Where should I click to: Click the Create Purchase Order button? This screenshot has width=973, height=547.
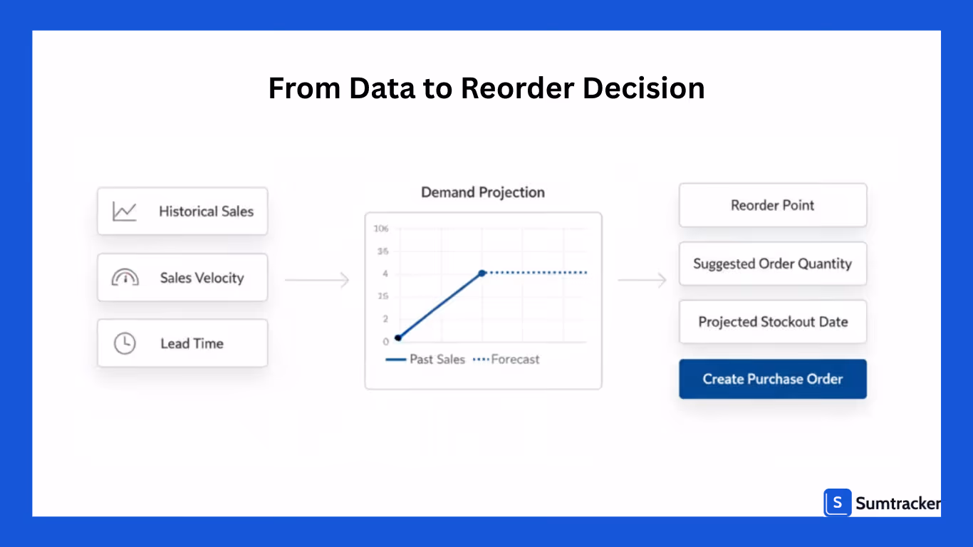click(773, 379)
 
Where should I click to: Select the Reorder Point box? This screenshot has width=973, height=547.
click(773, 205)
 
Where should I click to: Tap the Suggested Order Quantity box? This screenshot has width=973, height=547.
click(773, 264)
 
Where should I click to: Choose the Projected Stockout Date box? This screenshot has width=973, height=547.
click(773, 322)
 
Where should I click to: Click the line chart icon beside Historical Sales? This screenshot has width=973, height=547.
click(125, 212)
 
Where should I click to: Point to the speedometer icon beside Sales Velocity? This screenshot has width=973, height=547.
click(125, 278)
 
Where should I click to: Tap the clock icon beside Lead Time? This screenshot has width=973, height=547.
click(125, 343)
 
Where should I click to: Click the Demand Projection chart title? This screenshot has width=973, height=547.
click(483, 192)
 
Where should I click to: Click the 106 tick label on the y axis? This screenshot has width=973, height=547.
click(381, 229)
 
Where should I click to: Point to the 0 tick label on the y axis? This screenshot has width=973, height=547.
click(385, 342)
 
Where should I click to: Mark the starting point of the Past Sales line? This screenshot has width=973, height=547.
click(397, 338)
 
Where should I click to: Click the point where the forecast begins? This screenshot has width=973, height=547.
click(482, 273)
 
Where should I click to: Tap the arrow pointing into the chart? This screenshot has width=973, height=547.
click(317, 280)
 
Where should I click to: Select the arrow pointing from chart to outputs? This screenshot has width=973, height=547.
click(642, 280)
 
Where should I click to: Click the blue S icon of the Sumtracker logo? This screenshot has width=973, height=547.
click(838, 503)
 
